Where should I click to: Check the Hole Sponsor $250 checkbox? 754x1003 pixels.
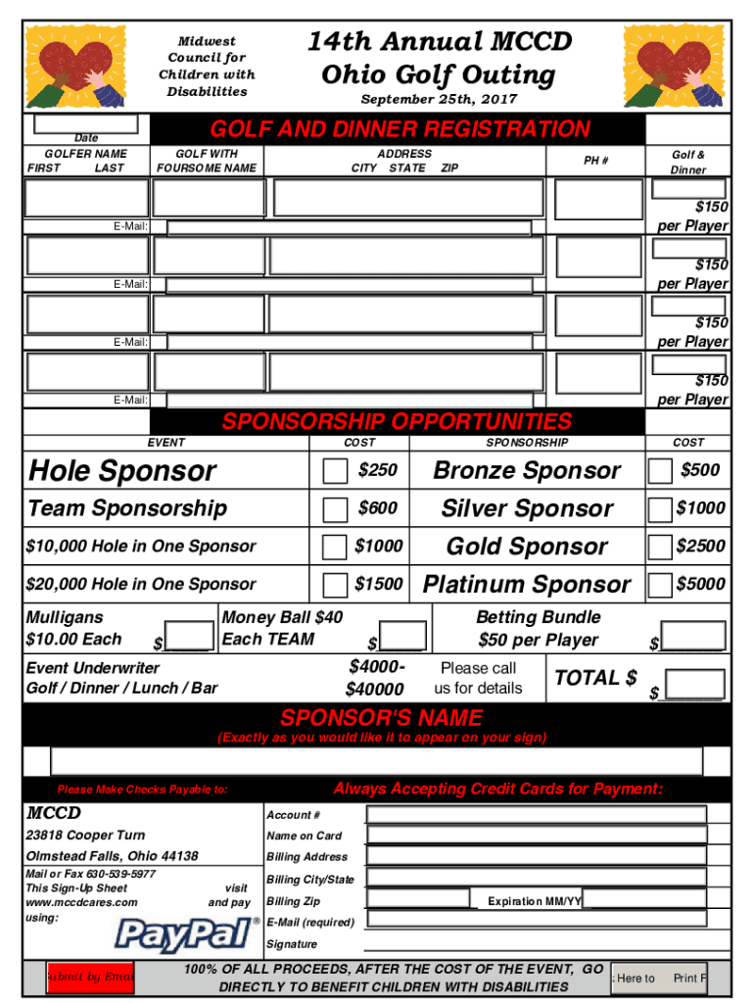pyautogui.click(x=335, y=471)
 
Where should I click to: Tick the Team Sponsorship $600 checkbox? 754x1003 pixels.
pyautogui.click(x=335, y=508)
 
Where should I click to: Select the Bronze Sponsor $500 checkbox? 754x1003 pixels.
pyautogui.click(x=660, y=471)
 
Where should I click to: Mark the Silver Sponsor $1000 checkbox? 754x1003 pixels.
pyautogui.click(x=660, y=509)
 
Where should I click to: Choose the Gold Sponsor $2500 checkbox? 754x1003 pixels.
pyautogui.click(x=660, y=547)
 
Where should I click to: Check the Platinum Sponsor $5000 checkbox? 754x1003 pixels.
pyautogui.click(x=660, y=585)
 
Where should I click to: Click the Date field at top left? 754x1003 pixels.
pyautogui.click(x=91, y=124)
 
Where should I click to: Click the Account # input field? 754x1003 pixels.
pyautogui.click(x=536, y=814)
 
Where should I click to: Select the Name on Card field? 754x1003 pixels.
pyautogui.click(x=536, y=835)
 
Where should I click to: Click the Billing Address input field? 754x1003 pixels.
pyautogui.click(x=536, y=856)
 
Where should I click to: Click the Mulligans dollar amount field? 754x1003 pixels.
pyautogui.click(x=190, y=634)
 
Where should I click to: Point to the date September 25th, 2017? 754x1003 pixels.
pyautogui.click(x=439, y=100)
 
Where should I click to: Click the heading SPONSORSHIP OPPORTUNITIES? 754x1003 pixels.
pyautogui.click(x=397, y=422)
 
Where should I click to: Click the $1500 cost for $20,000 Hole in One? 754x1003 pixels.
pyautogui.click(x=378, y=584)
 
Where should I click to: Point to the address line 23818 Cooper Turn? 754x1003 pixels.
pyautogui.click(x=85, y=836)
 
